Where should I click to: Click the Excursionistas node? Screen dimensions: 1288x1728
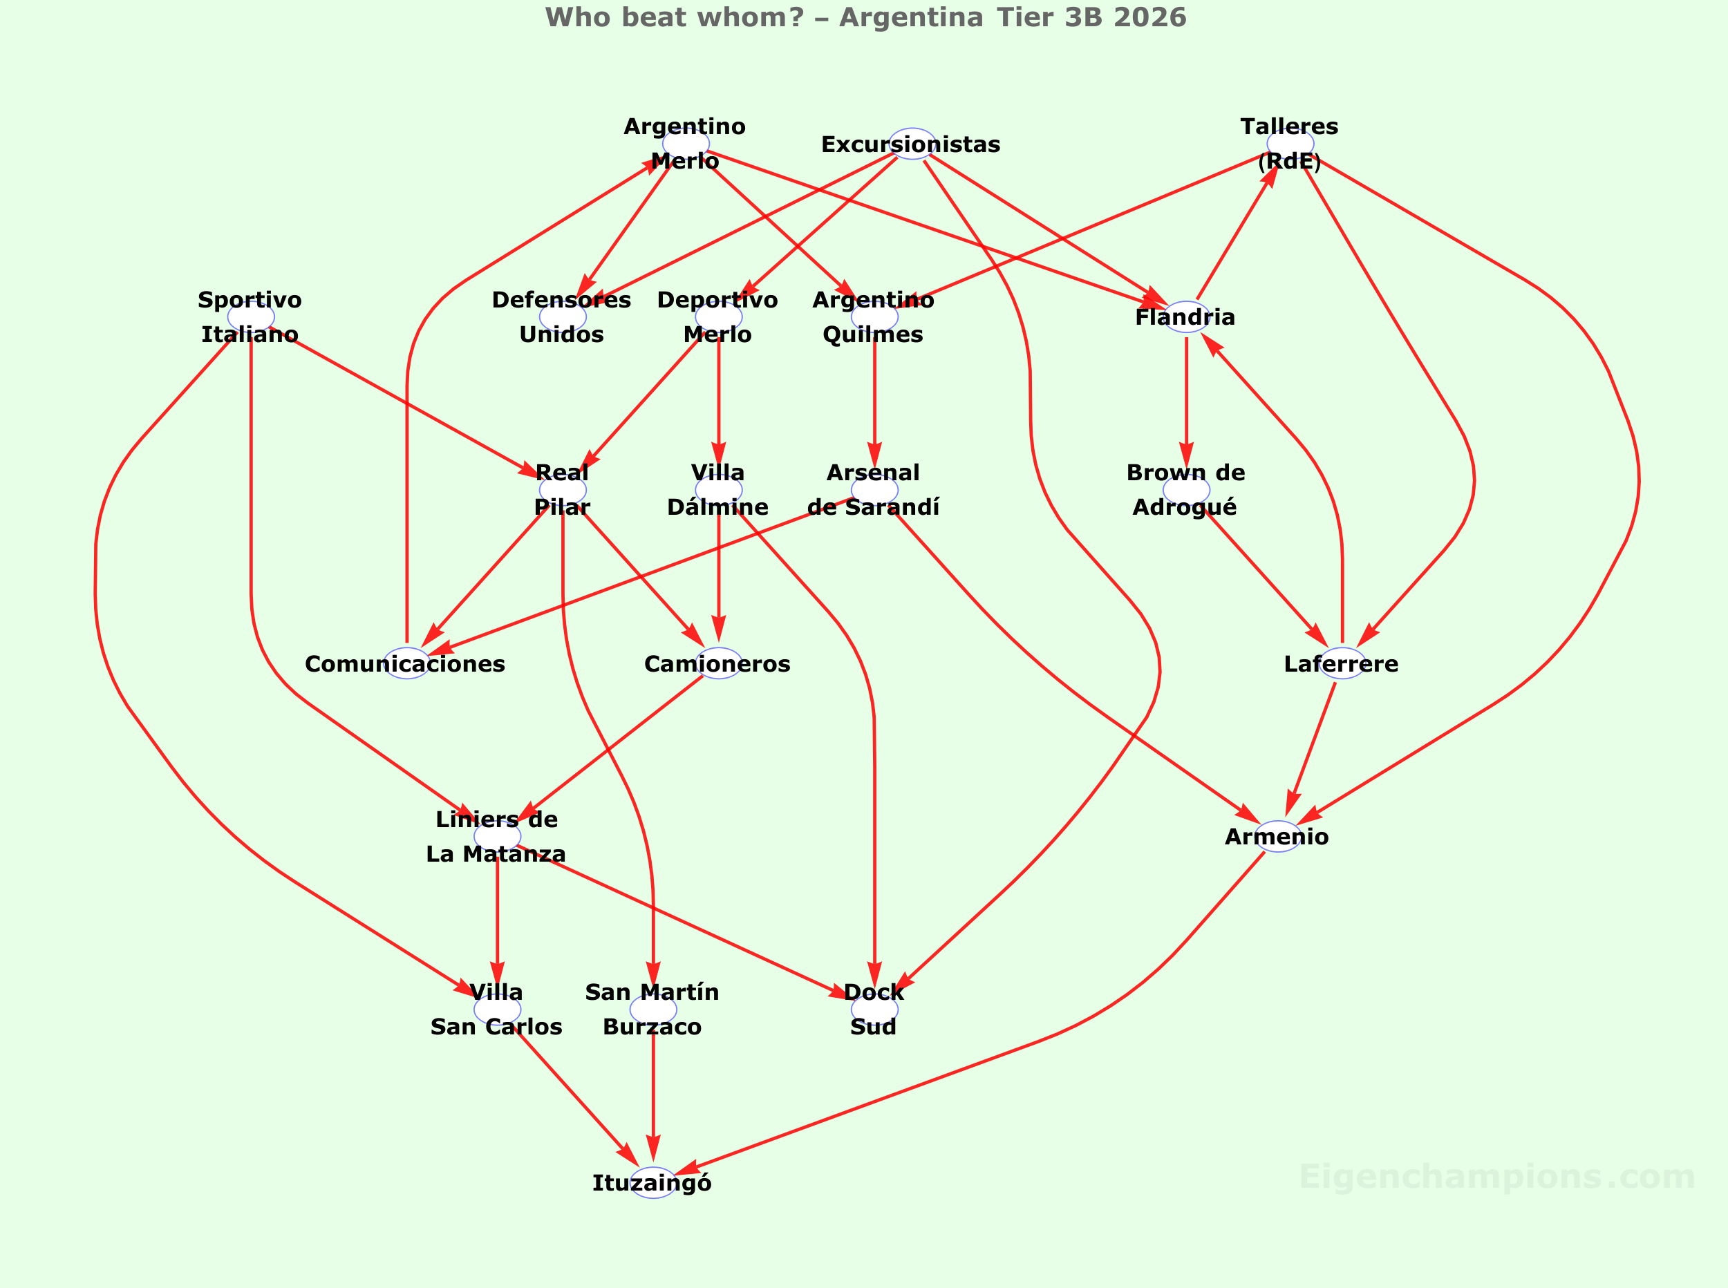[x=912, y=144]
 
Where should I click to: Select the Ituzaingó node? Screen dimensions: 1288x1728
[x=652, y=1183]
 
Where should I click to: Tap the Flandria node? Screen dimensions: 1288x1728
[x=1186, y=317]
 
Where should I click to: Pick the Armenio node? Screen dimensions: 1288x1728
[x=1277, y=837]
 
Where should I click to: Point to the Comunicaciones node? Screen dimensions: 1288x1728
[x=406, y=663]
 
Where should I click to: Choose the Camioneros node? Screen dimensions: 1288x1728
[x=718, y=663]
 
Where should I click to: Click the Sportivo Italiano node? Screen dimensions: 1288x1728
[x=250, y=317]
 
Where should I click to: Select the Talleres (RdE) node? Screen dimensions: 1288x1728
[x=1290, y=144]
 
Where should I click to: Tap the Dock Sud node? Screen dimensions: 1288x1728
[x=874, y=1010]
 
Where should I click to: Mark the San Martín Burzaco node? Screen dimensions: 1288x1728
[x=652, y=1010]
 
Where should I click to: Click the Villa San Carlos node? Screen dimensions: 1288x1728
[x=497, y=1010]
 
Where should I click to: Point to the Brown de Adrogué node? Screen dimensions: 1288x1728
[x=1186, y=491]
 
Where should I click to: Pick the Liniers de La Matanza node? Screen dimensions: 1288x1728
[x=497, y=837]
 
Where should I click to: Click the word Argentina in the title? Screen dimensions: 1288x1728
[x=911, y=17]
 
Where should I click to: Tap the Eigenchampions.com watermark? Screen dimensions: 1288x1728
[x=1496, y=1177]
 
